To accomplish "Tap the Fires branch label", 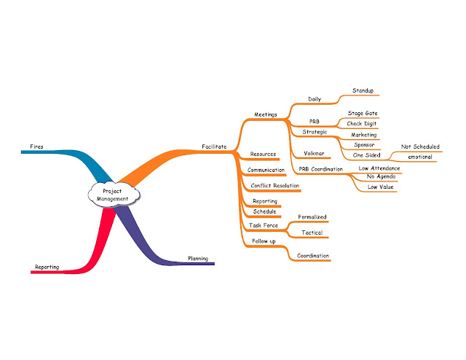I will pos(36,147).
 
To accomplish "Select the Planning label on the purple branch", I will pos(198,258).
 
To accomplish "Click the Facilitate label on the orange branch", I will pos(214,147).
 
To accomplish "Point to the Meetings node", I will pos(266,114).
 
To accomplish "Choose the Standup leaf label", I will pos(363,91).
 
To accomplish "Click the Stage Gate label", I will pos(362,114).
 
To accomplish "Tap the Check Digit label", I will pos(362,124).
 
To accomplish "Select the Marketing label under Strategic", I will pos(363,135).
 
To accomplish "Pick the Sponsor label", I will pos(363,145).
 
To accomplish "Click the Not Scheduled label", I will pos(420,146).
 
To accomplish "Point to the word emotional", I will pos(420,157).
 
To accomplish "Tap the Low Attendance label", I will pos(379,168).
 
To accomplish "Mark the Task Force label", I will pos(263,225).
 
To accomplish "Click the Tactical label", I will pos(312,233).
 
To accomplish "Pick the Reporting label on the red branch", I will pos(46,267).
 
